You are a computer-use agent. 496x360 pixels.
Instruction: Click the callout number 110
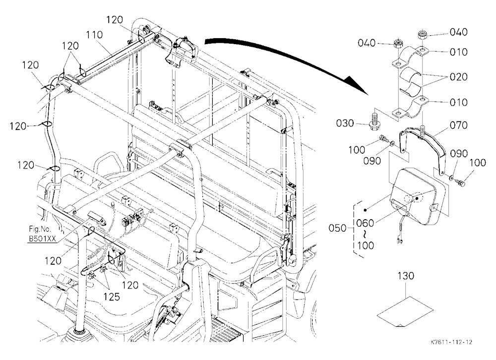pyautogui.click(x=94, y=35)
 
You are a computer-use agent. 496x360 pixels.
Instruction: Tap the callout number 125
pyautogui.click(x=112, y=297)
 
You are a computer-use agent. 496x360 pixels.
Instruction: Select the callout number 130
pyautogui.click(x=406, y=276)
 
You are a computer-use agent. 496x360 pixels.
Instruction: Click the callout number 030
pyautogui.click(x=345, y=123)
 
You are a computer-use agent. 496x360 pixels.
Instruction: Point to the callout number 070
pyautogui.click(x=458, y=125)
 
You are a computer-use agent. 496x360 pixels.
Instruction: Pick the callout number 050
pyautogui.click(x=337, y=228)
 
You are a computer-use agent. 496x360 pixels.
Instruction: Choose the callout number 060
pyautogui.click(x=365, y=223)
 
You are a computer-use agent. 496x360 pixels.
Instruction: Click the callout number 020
pyautogui.click(x=458, y=76)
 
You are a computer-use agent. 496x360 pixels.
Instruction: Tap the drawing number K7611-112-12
pyautogui.click(x=451, y=342)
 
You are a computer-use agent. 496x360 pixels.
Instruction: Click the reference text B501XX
pyautogui.click(x=42, y=239)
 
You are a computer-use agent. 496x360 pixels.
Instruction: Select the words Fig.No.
pyautogui.click(x=40, y=229)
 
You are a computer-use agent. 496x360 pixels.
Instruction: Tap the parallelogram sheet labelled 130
pyautogui.click(x=405, y=310)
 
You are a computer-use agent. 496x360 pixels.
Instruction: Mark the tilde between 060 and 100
pyautogui.click(x=366, y=235)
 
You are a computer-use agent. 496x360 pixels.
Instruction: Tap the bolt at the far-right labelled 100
pyautogui.click(x=460, y=182)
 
